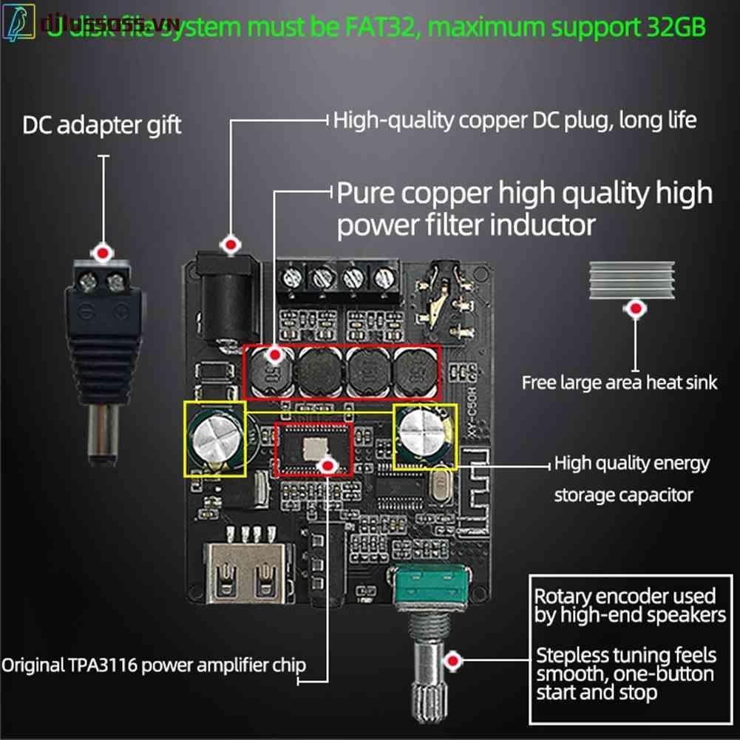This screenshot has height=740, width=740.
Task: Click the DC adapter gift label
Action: click(102, 125)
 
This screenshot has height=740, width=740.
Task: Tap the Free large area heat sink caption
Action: click(620, 382)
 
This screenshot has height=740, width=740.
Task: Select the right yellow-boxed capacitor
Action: click(424, 436)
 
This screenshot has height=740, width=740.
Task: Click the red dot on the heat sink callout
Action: click(634, 309)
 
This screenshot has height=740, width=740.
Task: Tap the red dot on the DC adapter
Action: click(104, 253)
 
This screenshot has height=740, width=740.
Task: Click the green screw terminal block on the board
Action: click(337, 278)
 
